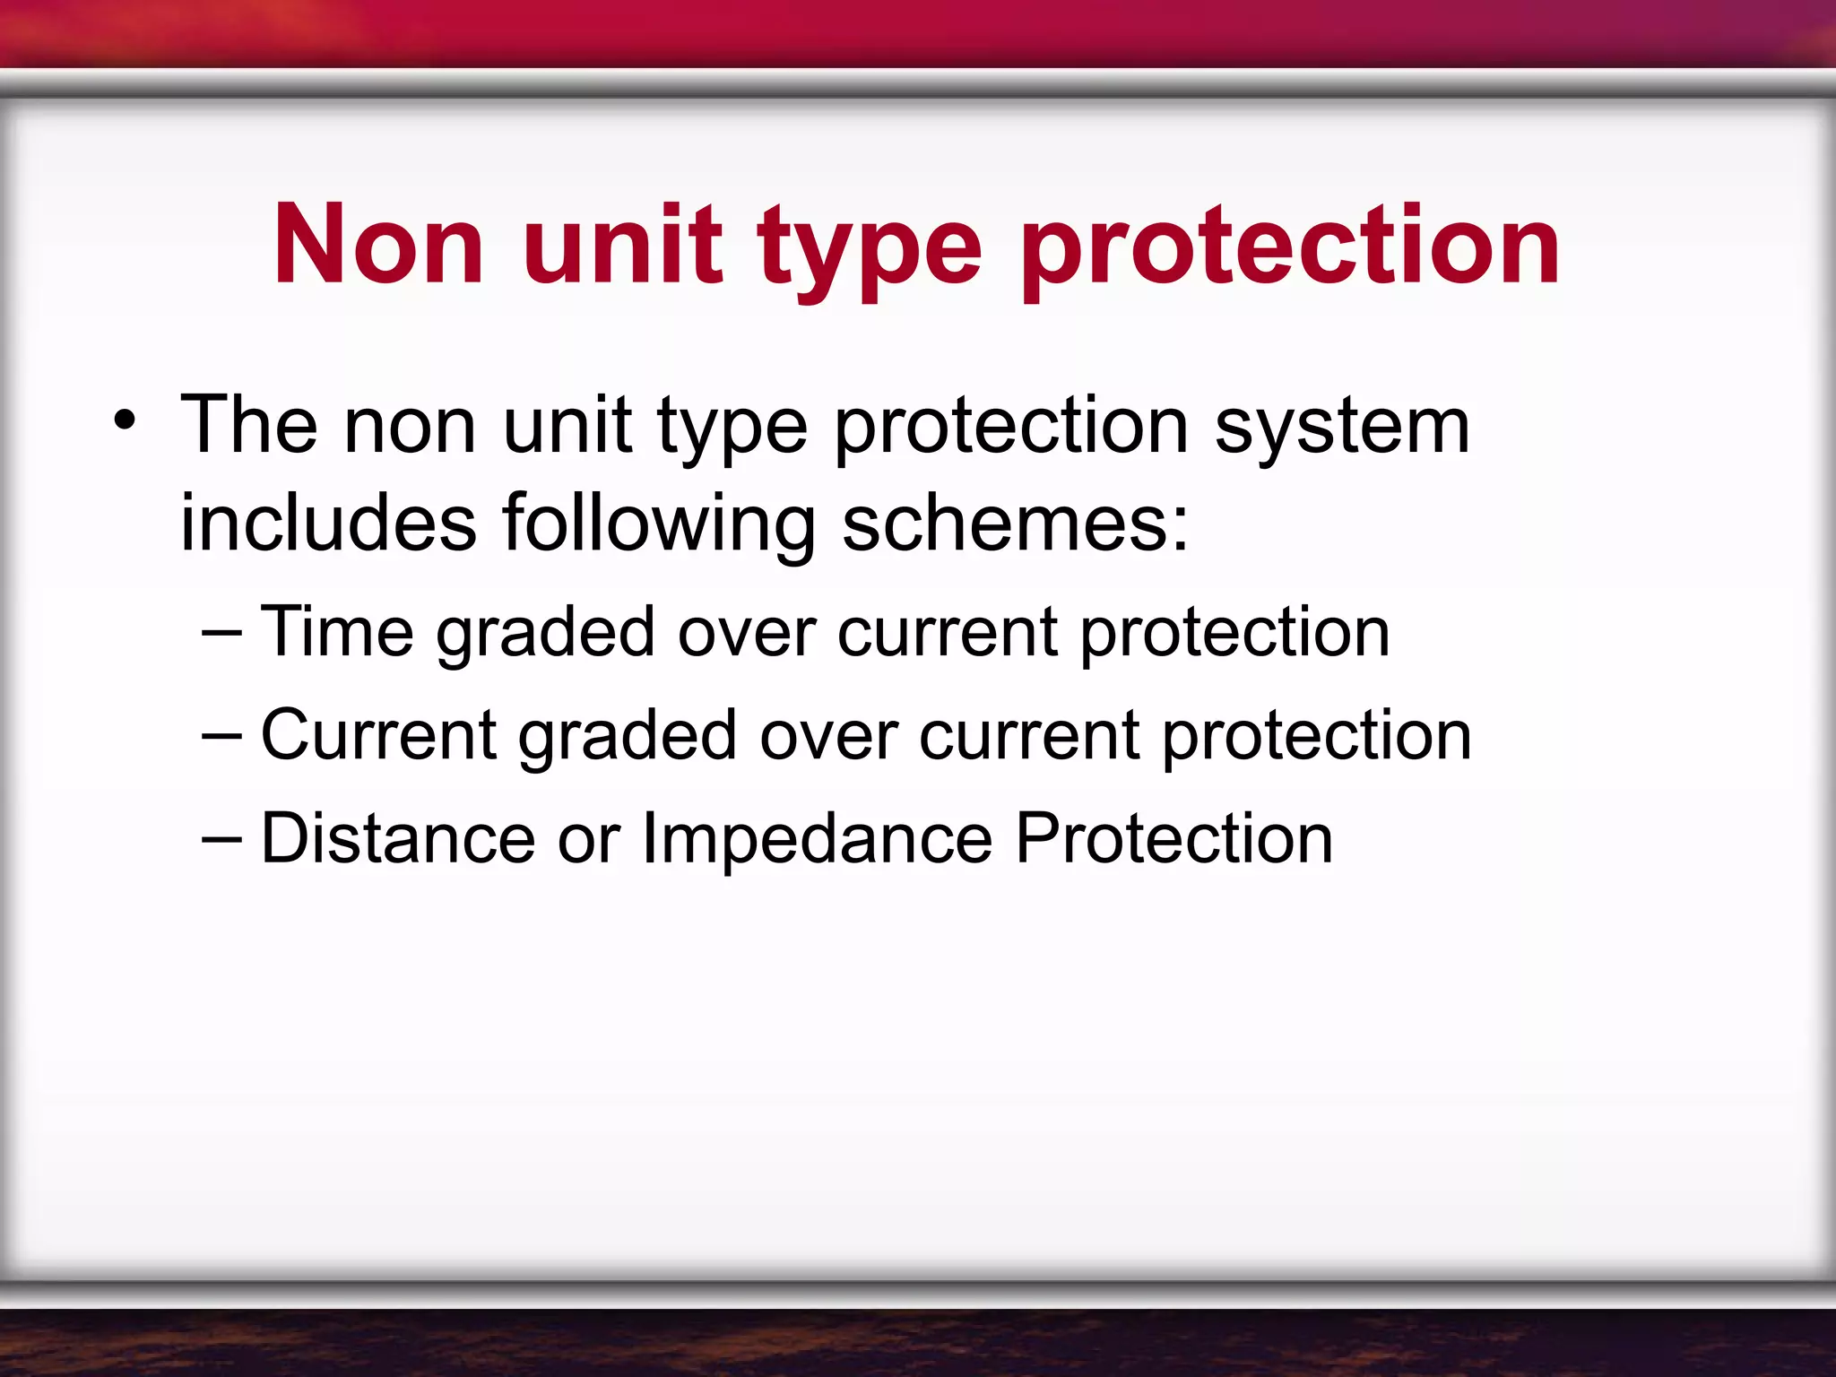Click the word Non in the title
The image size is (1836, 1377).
pyautogui.click(x=378, y=244)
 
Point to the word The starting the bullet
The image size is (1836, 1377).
pyautogui.click(x=249, y=425)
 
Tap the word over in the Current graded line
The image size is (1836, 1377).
pyautogui.click(x=828, y=738)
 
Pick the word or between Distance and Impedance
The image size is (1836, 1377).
pyautogui.click(x=588, y=841)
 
